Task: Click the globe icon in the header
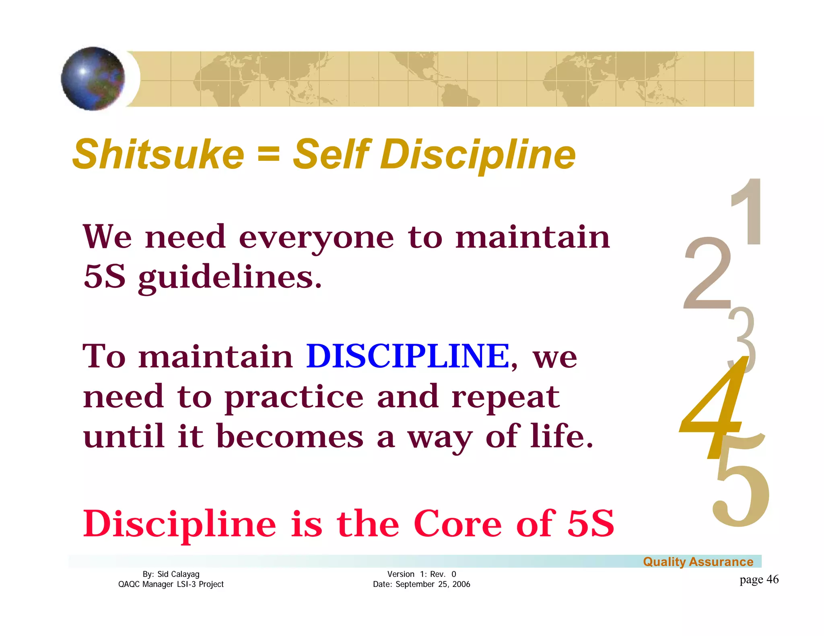(93, 78)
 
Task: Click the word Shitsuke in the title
(158, 155)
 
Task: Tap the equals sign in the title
(268, 155)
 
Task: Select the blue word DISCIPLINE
(408, 356)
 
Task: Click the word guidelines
(230, 278)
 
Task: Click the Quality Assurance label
(698, 562)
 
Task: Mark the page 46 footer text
(759, 579)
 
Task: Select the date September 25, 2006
(433, 584)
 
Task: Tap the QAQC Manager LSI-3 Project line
(171, 584)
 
